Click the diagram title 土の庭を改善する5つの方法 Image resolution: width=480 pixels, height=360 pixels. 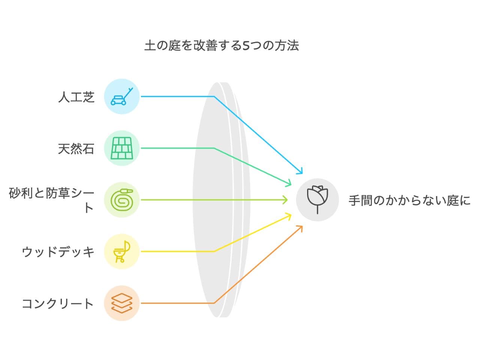click(222, 46)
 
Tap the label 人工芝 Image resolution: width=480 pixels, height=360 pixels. click(76, 97)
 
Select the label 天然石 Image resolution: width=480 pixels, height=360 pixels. click(76, 149)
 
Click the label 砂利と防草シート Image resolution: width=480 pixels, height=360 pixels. click(51, 200)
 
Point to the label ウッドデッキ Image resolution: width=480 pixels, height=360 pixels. click(58, 252)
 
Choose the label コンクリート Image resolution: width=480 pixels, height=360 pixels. click(58, 303)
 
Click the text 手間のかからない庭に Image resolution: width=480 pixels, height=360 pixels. click(409, 200)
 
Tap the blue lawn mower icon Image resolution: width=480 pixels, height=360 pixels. click(121, 97)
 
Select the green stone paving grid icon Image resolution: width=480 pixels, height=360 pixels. click(121, 148)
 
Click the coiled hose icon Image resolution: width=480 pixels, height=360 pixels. click(121, 200)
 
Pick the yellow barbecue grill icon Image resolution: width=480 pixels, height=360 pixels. click(121, 252)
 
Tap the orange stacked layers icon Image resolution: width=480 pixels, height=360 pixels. click(121, 303)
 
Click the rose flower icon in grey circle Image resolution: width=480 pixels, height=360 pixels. click(317, 199)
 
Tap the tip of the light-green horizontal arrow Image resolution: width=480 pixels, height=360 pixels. click(286, 200)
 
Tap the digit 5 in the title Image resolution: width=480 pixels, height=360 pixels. click(246, 46)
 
